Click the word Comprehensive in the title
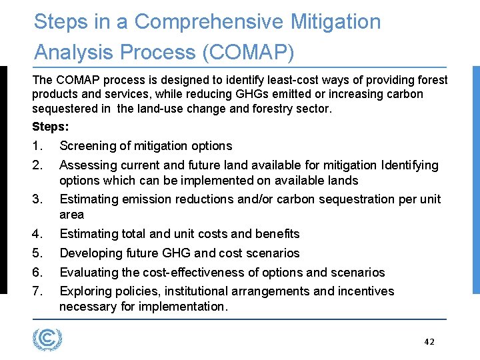coord(209,22)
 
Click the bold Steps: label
coord(50,126)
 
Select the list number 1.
coord(37,146)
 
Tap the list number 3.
coord(38,199)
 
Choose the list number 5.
coord(38,253)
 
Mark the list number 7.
coord(38,291)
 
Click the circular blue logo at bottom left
coord(47,339)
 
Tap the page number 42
coord(429,342)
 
